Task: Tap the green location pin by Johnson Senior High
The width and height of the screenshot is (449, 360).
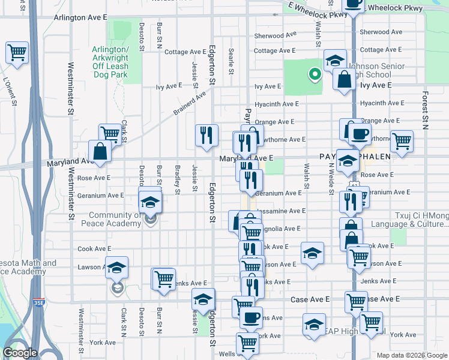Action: (x=313, y=75)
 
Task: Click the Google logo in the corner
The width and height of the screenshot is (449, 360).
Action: (x=20, y=353)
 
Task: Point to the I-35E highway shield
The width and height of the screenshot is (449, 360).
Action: (x=38, y=304)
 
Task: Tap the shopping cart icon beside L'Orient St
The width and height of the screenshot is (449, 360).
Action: (x=17, y=52)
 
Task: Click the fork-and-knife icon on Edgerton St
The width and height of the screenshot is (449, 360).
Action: (x=206, y=135)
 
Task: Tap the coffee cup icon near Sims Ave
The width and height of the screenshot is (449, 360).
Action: (x=251, y=317)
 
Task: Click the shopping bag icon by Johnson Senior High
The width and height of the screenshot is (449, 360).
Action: (x=345, y=81)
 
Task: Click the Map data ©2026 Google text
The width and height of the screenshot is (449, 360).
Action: (x=411, y=355)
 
